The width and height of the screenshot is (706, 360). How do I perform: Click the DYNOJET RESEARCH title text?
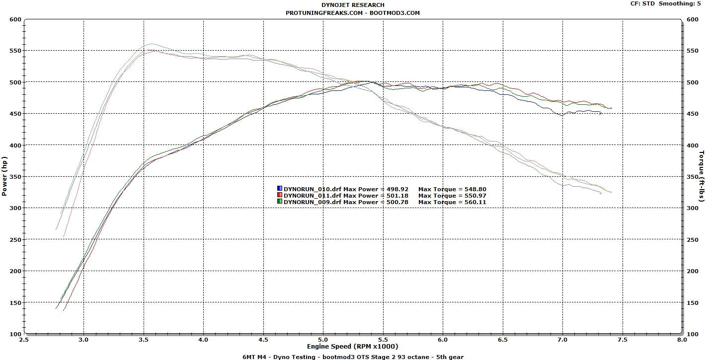tap(353, 5)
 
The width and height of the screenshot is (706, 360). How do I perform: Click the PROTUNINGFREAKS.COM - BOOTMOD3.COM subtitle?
tap(353, 13)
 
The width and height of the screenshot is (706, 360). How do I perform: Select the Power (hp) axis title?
tap(4, 177)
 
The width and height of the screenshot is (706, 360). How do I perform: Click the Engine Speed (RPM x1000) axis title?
tap(352, 346)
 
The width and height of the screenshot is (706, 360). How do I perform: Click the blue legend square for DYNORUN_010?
tap(280, 189)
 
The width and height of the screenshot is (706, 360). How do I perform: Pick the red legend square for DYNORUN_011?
tap(280, 195)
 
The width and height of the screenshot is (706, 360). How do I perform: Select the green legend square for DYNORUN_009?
tap(280, 202)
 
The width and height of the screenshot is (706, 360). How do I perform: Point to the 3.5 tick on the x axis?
tap(144, 340)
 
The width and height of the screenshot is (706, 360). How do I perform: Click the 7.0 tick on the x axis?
tap(562, 340)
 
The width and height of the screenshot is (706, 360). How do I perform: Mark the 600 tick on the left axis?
tap(15, 19)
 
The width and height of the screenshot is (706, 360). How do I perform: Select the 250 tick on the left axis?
tap(15, 240)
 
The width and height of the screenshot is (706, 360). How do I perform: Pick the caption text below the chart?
tap(353, 357)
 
